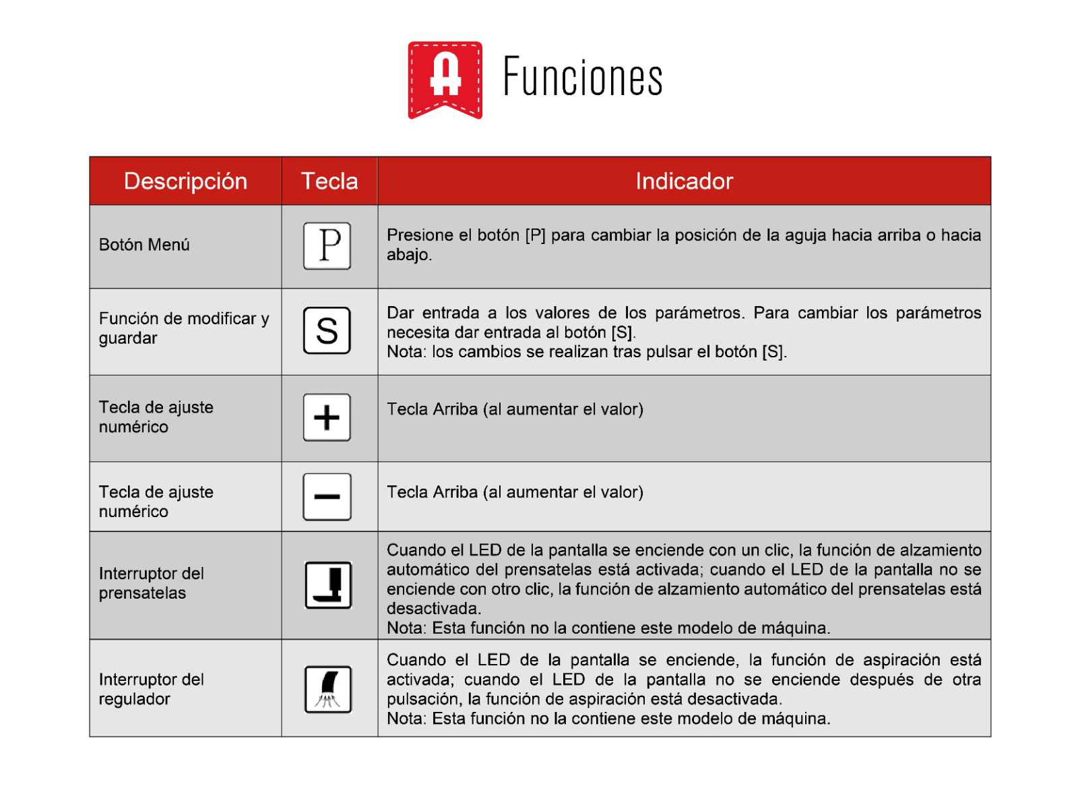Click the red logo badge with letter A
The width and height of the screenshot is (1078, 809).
coord(445,79)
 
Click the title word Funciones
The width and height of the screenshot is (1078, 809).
coord(583,78)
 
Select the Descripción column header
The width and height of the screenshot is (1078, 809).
coord(185,181)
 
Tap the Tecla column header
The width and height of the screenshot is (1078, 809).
coord(329,181)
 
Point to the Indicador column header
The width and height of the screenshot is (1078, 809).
coord(684,181)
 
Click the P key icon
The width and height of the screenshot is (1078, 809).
coord(327,246)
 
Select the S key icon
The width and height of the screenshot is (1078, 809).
coord(327,330)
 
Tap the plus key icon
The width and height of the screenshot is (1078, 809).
coord(327,417)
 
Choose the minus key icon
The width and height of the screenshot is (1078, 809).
coord(327,497)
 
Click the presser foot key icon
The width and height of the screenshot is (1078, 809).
coord(328,585)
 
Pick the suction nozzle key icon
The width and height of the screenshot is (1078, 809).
coord(328,689)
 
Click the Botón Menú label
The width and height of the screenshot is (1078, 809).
coord(144,245)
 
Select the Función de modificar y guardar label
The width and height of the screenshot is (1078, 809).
coord(183,328)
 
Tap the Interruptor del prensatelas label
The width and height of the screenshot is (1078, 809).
coord(151,583)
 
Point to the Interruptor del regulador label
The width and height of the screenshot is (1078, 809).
coord(151,689)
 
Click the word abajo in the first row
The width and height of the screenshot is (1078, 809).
coord(408,255)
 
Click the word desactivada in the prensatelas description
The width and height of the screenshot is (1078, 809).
coord(433,608)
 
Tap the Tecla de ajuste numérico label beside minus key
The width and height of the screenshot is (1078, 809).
coord(156,502)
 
